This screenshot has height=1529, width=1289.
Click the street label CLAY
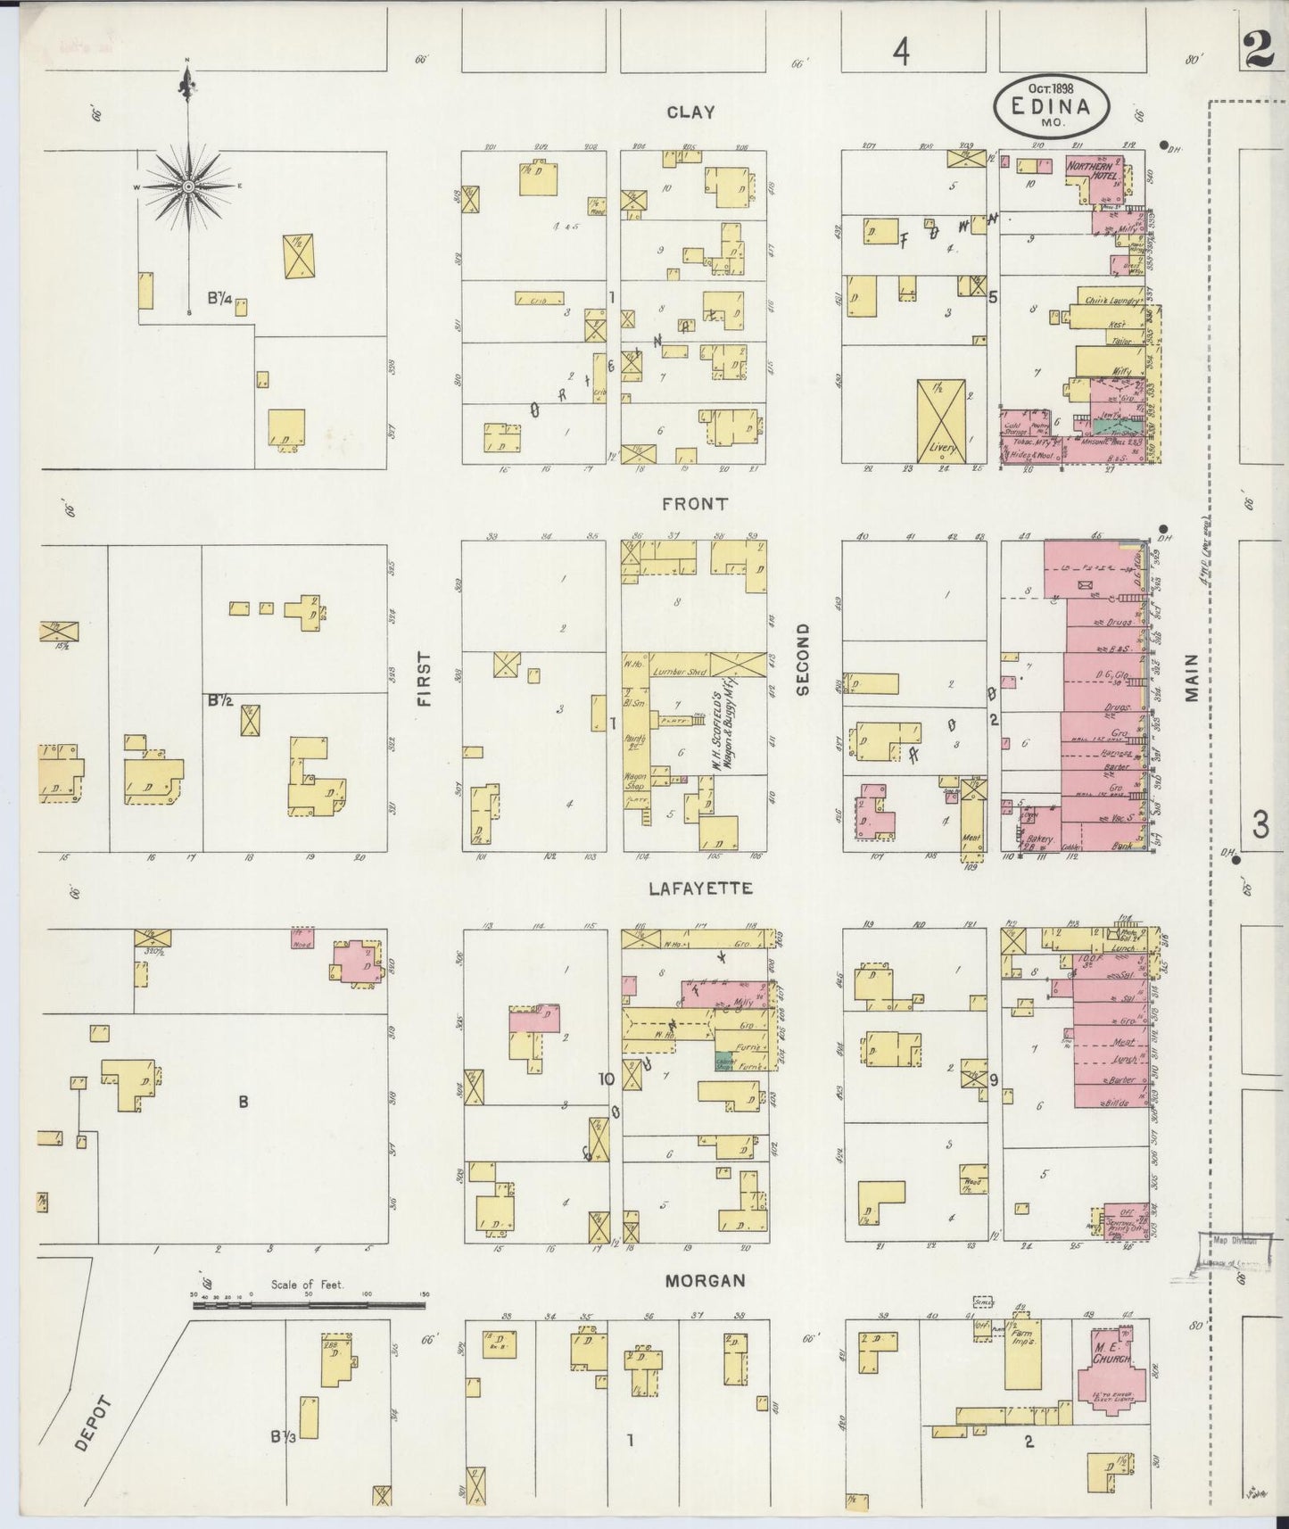(690, 112)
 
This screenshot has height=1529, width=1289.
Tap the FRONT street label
(695, 504)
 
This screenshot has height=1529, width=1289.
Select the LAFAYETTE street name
(700, 888)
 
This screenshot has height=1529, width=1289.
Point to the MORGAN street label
(705, 1280)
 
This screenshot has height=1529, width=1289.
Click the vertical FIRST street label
(423, 679)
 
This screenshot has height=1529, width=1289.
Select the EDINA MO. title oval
(1053, 104)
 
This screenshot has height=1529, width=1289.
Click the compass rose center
(188, 186)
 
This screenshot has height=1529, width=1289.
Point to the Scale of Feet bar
(309, 1305)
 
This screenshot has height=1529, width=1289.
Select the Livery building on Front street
(941, 421)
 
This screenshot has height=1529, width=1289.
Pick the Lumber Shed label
(680, 672)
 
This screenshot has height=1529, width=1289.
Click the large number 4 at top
(902, 54)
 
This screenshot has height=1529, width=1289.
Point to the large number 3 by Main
(1260, 826)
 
